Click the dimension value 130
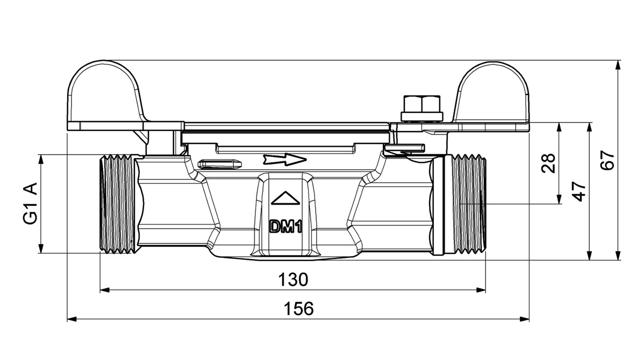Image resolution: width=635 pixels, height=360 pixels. [x=293, y=279]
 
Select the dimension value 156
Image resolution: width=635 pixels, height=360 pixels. [x=298, y=308]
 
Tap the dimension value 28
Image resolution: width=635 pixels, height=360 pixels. [x=548, y=163]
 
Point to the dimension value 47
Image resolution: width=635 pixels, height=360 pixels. [x=580, y=191]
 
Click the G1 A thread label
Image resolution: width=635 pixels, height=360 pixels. [x=31, y=204]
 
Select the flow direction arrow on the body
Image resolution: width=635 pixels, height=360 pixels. [x=284, y=160]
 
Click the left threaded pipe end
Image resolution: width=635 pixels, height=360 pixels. [x=118, y=204]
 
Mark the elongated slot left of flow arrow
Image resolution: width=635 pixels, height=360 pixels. [x=220, y=163]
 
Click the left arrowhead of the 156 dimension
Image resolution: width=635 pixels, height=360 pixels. [x=72, y=320]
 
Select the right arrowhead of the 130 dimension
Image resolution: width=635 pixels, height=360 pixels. [x=481, y=290]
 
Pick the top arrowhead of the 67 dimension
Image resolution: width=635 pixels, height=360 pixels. [x=618, y=66]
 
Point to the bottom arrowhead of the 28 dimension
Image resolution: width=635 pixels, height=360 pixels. [x=559, y=199]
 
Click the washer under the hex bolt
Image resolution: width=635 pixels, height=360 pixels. [x=422, y=117]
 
